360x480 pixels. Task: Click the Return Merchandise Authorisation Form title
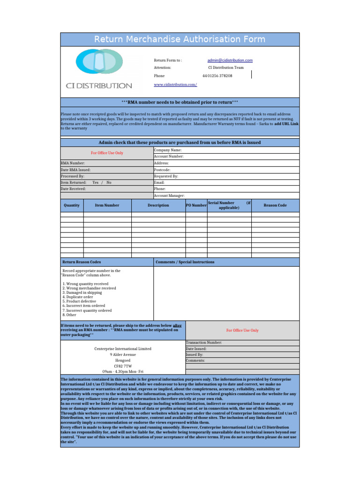pos(180,39)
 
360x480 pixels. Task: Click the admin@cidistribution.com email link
pos(230,60)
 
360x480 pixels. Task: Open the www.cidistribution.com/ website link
pos(175,84)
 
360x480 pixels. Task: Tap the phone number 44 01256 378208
pos(217,75)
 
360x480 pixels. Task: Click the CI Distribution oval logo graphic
pos(98,62)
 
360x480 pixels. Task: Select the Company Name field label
pos(167,150)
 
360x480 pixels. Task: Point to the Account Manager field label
pos(169,195)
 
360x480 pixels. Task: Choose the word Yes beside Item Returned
pos(96,182)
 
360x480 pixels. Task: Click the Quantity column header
pos(72,205)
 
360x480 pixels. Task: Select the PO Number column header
pos(196,205)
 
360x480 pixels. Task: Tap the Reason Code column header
pos(275,205)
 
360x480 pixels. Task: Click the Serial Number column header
pos(229,205)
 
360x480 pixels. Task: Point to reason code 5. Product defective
pos(79,301)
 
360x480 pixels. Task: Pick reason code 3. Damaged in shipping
pos(82,292)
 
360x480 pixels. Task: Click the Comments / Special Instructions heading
pos(185,262)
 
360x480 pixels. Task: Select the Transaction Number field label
pos(204,343)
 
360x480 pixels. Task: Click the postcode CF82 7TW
pos(123,366)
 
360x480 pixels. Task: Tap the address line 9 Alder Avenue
pos(123,355)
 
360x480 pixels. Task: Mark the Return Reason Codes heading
pos(82,262)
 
